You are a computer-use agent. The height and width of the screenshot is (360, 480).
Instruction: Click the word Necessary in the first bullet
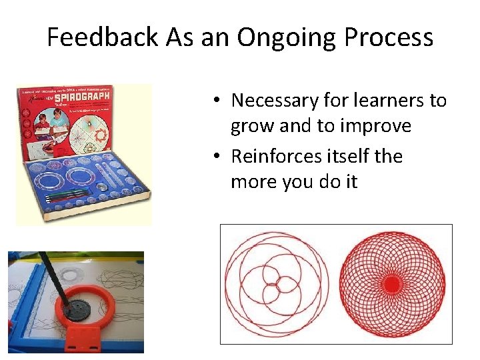coord(273,101)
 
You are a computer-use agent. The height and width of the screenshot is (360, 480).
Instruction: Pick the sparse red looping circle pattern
coord(277,284)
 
